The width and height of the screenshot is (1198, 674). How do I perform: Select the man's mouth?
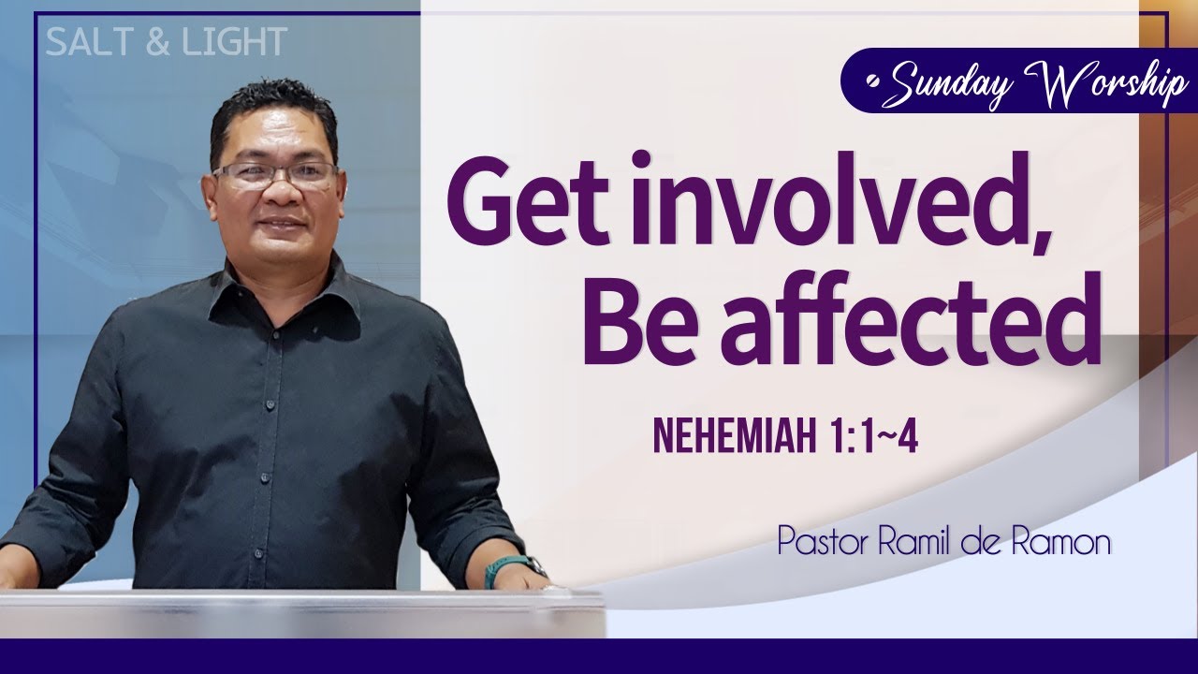click(273, 226)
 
